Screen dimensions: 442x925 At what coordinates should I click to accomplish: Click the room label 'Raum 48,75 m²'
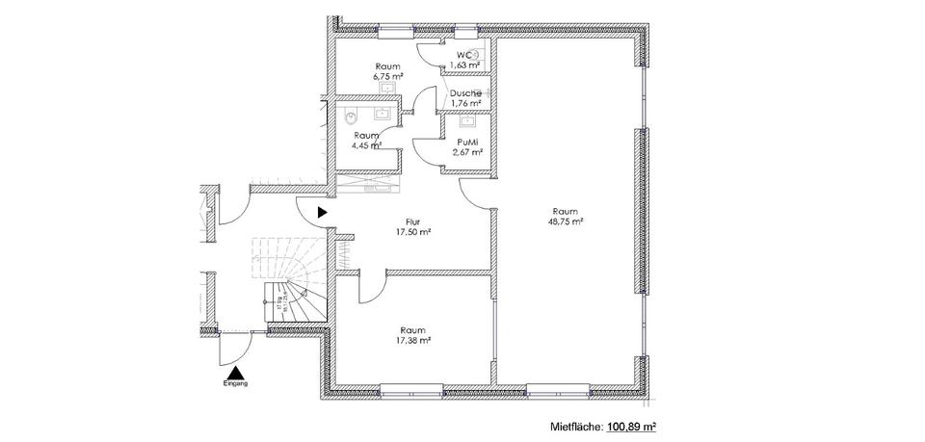[x=566, y=217]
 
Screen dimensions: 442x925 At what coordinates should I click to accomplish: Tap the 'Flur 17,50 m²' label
[x=412, y=226]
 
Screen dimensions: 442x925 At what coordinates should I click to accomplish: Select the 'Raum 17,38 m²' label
[x=412, y=334]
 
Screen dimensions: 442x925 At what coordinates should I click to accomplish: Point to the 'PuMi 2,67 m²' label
[x=466, y=145]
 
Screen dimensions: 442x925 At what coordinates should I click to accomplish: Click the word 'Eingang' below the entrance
[x=235, y=383]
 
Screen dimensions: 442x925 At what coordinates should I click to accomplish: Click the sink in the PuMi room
[x=467, y=121]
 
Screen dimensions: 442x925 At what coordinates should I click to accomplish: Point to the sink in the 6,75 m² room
[x=387, y=90]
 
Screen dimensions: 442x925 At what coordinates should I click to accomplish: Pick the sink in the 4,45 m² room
[x=383, y=112]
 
